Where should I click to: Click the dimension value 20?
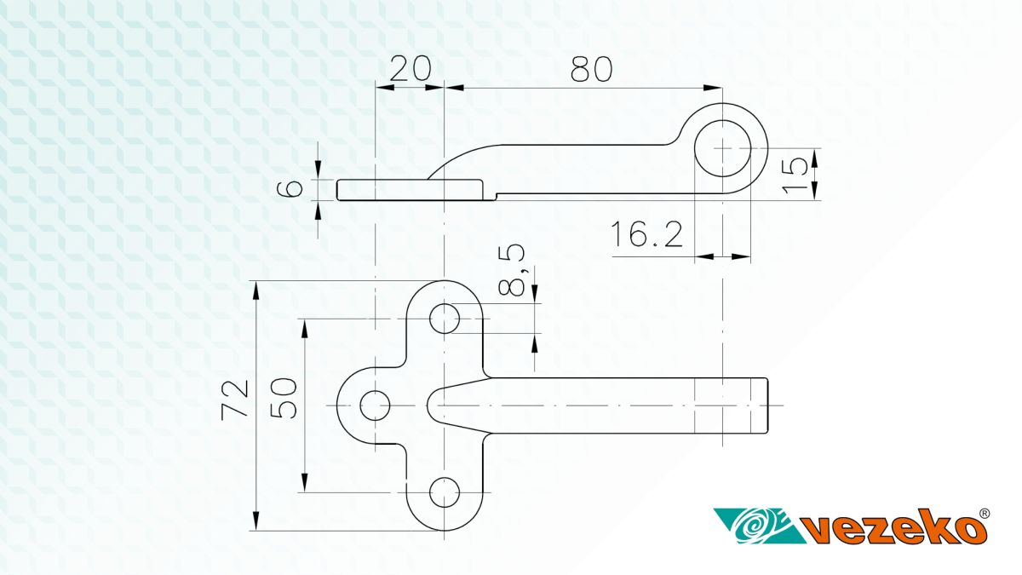(x=411, y=68)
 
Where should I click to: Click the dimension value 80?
(x=591, y=69)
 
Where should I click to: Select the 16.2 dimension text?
(x=646, y=234)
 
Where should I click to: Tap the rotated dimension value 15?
(x=795, y=175)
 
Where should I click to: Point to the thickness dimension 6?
(x=290, y=188)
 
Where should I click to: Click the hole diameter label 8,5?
(x=512, y=271)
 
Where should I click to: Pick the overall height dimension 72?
(x=235, y=400)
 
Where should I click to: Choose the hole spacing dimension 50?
(x=284, y=398)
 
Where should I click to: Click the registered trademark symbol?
(x=985, y=514)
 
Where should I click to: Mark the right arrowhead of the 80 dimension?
(x=713, y=88)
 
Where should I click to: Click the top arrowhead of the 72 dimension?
(x=256, y=290)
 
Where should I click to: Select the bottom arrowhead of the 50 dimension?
(x=305, y=483)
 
